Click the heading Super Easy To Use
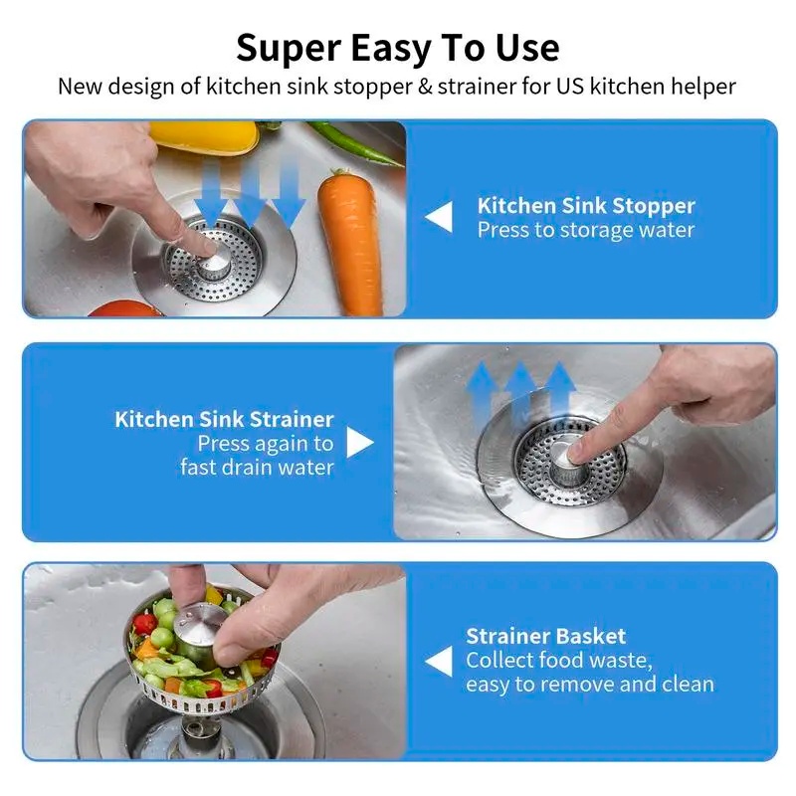pyautogui.click(x=397, y=47)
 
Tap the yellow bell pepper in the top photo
pyautogui.click(x=203, y=135)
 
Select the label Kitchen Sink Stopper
pyautogui.click(x=585, y=206)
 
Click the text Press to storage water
pyautogui.click(x=585, y=230)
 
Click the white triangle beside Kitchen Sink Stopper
pyautogui.click(x=438, y=217)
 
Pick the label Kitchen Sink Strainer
pyautogui.click(x=224, y=419)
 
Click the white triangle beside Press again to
pyautogui.click(x=359, y=443)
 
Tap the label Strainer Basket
pyautogui.click(x=545, y=636)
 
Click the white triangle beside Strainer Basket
pyautogui.click(x=438, y=660)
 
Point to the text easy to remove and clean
pyautogui.click(x=589, y=685)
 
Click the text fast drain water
pyautogui.click(x=257, y=467)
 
